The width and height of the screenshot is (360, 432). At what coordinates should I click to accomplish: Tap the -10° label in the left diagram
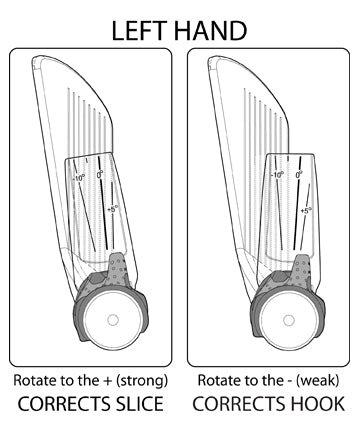click(x=80, y=178)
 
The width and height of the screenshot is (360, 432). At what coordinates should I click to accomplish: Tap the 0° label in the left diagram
click(x=101, y=174)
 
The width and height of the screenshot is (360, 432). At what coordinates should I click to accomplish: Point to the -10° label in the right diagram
click(x=278, y=173)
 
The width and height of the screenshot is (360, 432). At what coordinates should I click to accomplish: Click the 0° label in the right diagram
click(x=299, y=173)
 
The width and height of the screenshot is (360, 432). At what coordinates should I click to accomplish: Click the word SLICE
click(x=134, y=404)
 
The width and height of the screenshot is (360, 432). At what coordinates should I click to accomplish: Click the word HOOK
click(x=314, y=404)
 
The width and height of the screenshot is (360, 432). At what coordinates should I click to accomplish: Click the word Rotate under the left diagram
click(x=34, y=381)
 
